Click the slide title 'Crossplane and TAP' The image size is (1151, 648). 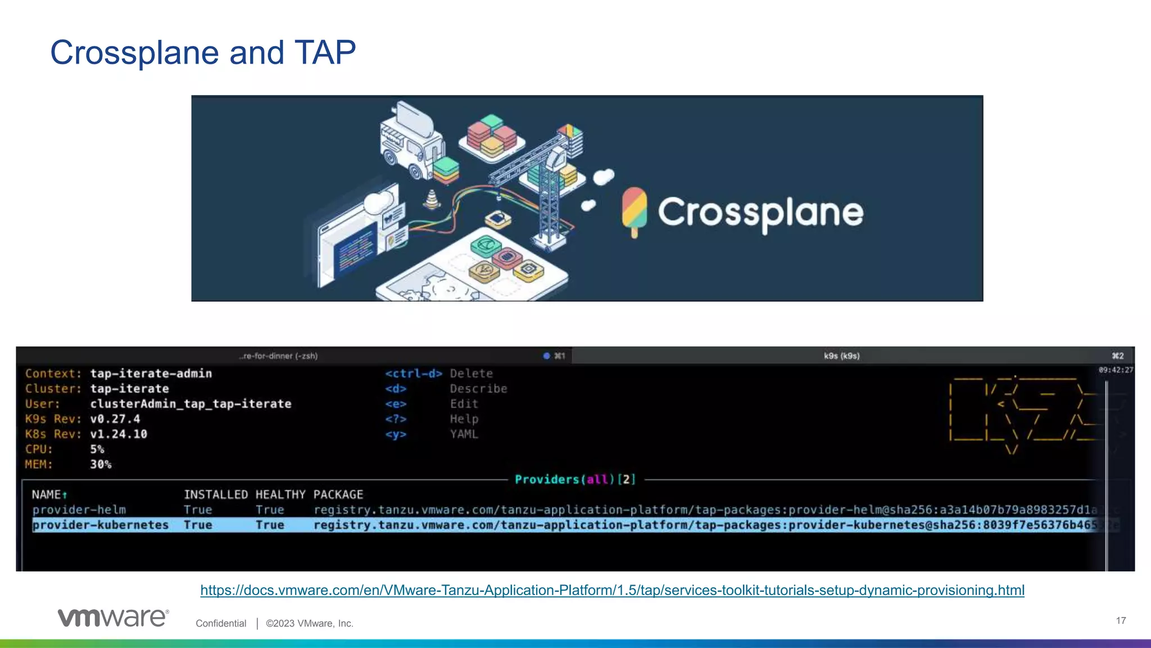[203, 53]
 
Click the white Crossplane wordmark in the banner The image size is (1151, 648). [760, 213]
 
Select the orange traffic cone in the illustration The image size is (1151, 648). [432, 199]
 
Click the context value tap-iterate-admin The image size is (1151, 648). [151, 373]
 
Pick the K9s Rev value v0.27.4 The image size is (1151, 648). [115, 419]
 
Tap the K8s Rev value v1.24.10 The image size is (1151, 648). [119, 434]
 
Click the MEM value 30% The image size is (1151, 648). [101, 465]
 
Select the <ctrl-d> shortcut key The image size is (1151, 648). [414, 373]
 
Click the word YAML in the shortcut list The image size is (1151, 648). [464, 434]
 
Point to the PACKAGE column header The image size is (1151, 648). [338, 494]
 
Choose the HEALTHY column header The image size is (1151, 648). [280, 494]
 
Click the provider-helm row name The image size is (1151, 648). [79, 510]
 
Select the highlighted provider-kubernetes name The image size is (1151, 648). [101, 525]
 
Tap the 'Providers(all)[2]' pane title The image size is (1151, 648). [575, 479]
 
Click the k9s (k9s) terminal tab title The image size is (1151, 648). [841, 356]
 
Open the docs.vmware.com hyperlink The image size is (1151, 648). [612, 590]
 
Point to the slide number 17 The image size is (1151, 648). [1121, 620]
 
